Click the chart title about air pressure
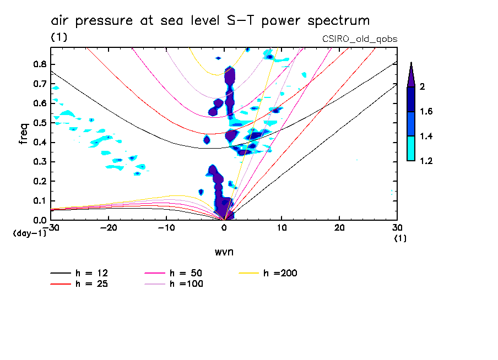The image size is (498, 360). point(210,21)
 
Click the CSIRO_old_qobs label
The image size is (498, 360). point(359,39)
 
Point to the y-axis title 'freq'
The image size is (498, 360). point(24,134)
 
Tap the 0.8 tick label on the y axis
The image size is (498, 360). point(39,64)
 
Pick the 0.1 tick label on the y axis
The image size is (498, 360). point(39,201)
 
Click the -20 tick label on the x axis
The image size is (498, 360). point(109,227)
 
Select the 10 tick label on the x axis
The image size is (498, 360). point(282,227)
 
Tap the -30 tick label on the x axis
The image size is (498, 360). point(51,227)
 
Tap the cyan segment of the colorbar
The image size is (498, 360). point(411,149)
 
